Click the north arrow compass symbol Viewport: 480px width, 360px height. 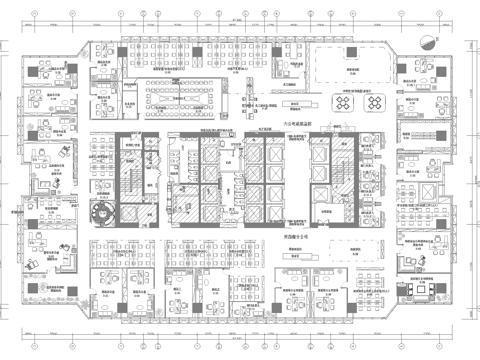click(x=429, y=42)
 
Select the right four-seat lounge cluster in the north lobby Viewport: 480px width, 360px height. click(x=374, y=100)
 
